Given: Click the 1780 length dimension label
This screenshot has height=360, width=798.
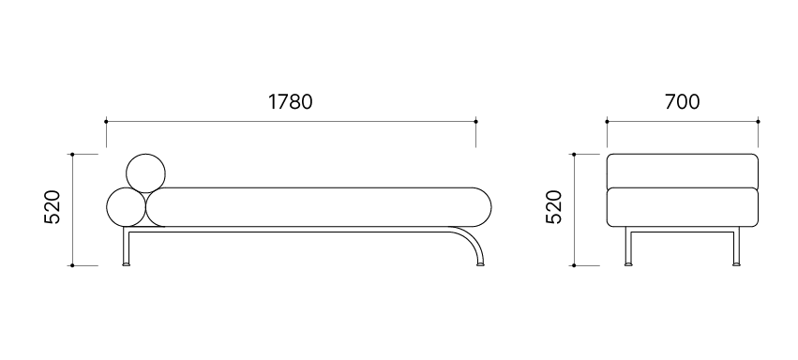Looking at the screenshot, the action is (x=290, y=101).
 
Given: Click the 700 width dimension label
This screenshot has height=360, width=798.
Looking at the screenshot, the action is (x=682, y=101).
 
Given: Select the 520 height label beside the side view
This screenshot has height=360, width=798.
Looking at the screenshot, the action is (x=53, y=207).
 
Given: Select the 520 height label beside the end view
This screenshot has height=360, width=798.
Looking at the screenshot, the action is (x=553, y=207).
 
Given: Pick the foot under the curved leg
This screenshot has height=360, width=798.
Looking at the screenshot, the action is (x=480, y=264).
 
